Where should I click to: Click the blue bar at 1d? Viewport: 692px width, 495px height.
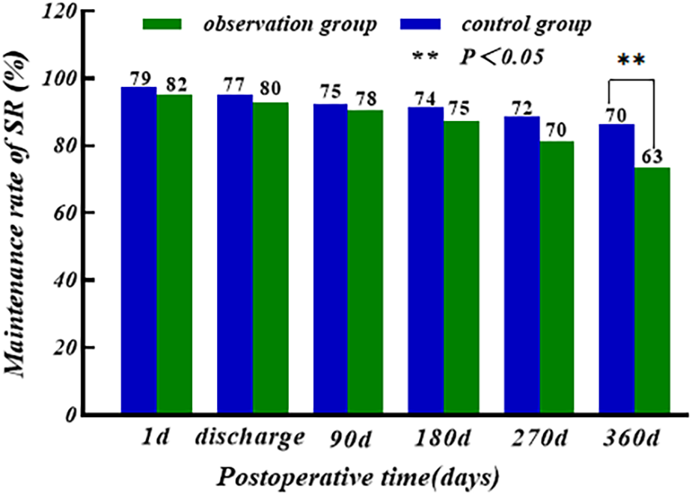tap(138, 250)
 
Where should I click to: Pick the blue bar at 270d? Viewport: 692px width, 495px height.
tap(521, 265)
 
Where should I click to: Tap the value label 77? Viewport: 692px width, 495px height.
tap(234, 82)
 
